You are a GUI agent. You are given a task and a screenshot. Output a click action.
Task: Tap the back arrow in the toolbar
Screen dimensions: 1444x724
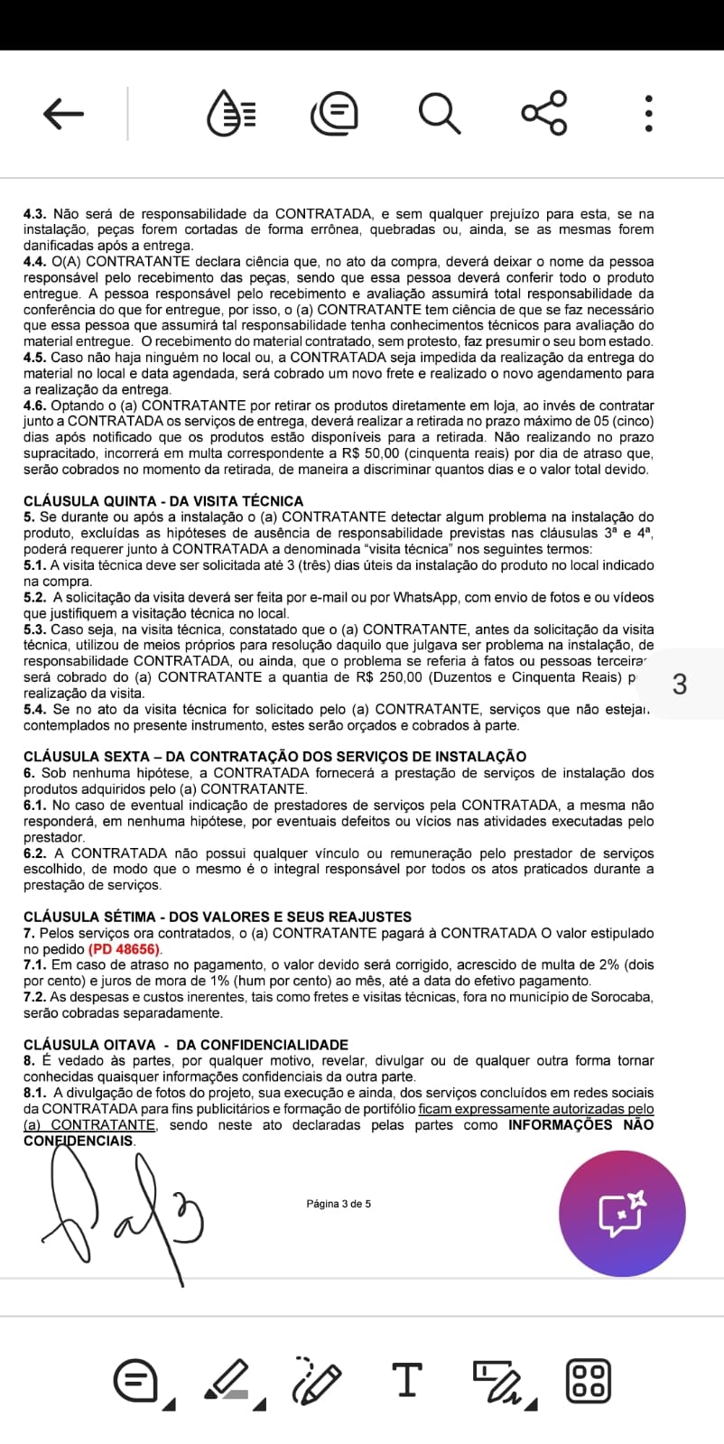click(63, 114)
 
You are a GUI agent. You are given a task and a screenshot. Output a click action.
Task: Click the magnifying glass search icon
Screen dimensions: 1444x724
click(440, 114)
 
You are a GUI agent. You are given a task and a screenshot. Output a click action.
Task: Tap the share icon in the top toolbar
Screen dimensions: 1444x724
click(544, 114)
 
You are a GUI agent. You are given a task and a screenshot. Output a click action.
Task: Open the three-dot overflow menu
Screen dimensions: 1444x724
click(648, 114)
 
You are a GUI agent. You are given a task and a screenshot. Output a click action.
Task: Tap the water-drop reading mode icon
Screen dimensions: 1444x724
click(231, 114)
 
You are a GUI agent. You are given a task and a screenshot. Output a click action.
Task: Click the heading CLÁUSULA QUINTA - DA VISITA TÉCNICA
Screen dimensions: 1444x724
click(163, 501)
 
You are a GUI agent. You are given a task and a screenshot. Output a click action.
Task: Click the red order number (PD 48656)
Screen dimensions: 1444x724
click(125, 949)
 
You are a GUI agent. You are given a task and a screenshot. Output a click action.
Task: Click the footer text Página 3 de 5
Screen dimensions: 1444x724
click(339, 1204)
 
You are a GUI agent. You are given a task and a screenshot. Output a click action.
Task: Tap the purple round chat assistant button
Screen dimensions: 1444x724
click(622, 1213)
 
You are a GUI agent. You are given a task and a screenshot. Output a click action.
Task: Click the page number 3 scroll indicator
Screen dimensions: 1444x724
click(680, 685)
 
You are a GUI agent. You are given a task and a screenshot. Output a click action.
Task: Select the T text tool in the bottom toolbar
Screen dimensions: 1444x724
click(407, 1380)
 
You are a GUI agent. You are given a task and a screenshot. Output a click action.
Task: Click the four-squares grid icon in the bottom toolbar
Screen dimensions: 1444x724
click(588, 1380)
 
